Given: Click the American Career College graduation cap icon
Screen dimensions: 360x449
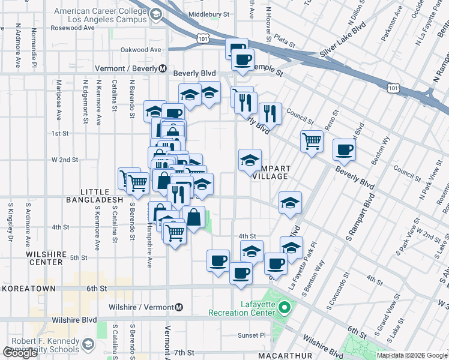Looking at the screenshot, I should click(x=156, y=14).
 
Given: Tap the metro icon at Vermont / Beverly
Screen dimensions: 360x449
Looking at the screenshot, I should click(x=163, y=68).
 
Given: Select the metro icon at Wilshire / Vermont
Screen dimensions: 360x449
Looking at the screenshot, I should click(x=178, y=308).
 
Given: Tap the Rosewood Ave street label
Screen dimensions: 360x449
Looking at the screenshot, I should click(x=73, y=28).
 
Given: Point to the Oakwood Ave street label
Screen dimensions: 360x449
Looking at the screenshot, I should click(x=141, y=50).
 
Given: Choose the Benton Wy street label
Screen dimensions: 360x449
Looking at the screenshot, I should click(x=381, y=152).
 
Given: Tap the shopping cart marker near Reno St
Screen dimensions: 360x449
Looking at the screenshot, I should click(x=312, y=142).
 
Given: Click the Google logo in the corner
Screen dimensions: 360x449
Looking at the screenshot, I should click(x=20, y=353).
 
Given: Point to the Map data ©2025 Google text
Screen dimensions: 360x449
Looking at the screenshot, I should click(x=412, y=355).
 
